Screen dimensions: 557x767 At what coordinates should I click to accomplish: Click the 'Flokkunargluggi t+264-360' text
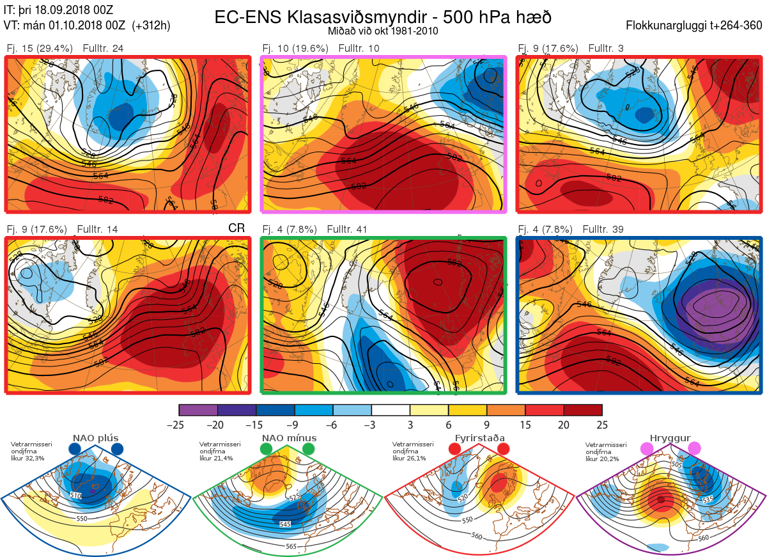pyautogui.click(x=695, y=26)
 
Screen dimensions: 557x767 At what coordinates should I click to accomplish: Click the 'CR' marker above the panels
pyautogui.click(x=236, y=228)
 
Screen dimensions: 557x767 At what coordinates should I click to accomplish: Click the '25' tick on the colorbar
pyautogui.click(x=601, y=425)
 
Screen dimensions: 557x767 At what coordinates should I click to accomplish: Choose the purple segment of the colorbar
pyautogui.click(x=198, y=410)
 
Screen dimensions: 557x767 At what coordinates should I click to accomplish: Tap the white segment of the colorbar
pyautogui.click(x=391, y=410)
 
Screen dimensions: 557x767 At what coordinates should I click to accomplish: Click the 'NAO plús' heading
pyautogui.click(x=95, y=438)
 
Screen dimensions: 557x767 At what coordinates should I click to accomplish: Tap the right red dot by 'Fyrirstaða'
pyautogui.click(x=502, y=450)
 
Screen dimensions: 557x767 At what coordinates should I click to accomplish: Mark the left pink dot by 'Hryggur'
pyautogui.click(x=647, y=450)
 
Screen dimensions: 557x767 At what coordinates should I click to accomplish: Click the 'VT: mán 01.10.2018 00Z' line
pyautogui.click(x=64, y=26)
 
